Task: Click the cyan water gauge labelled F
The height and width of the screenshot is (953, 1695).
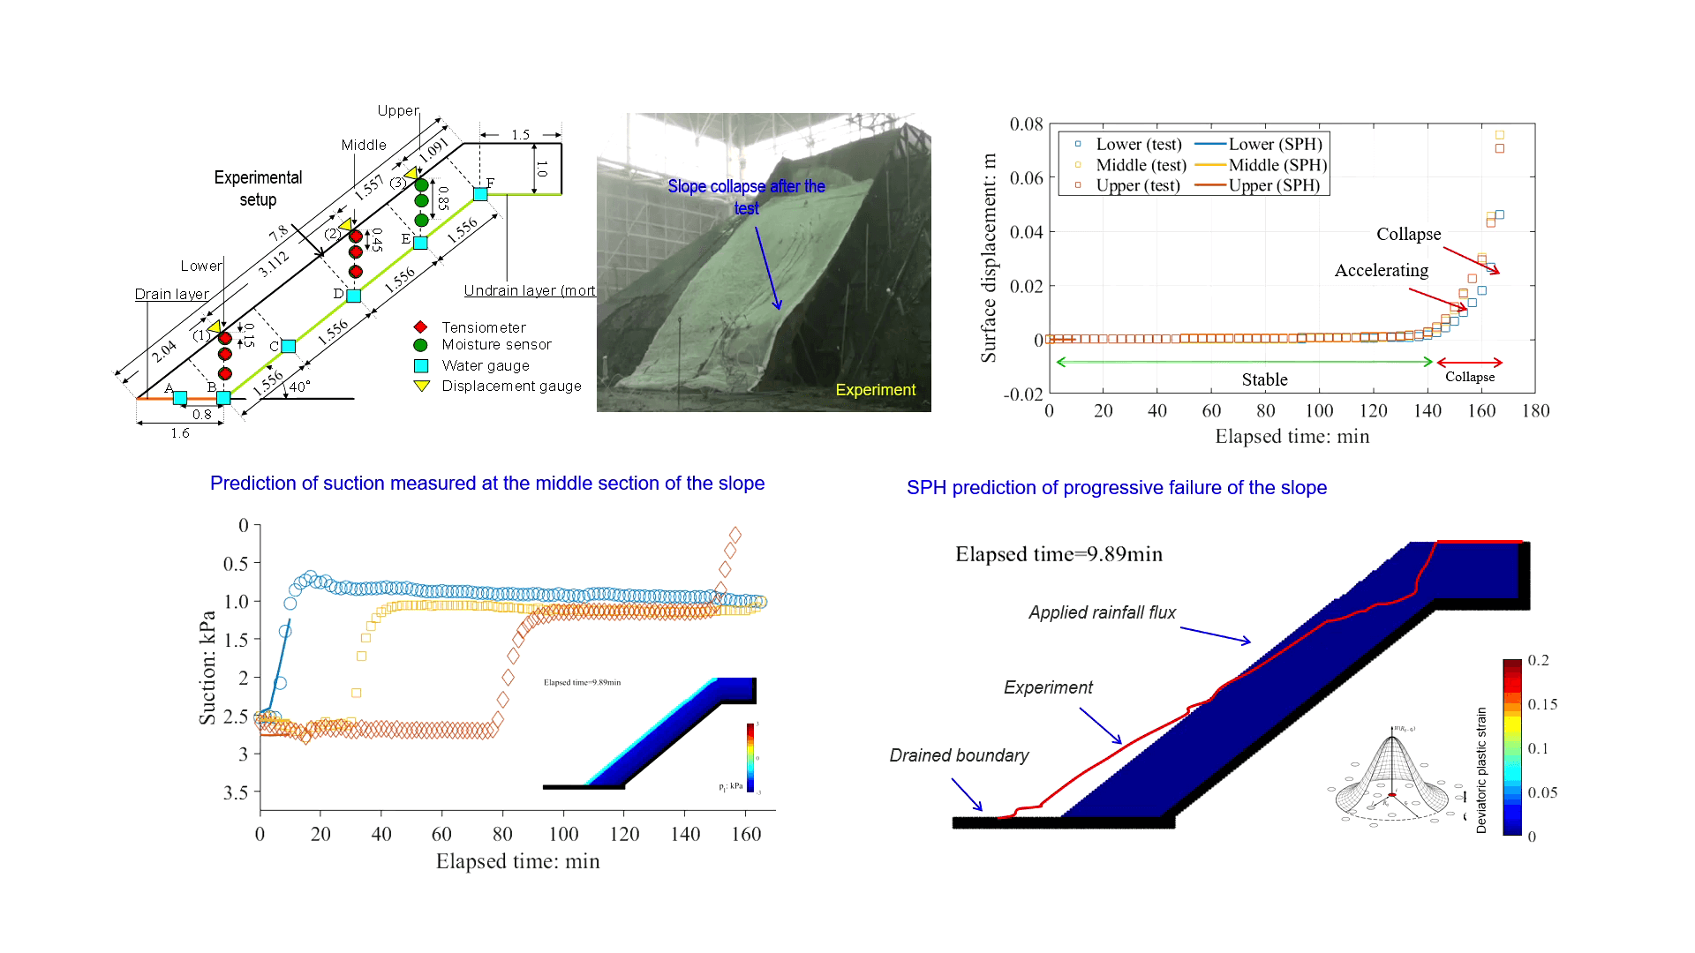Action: click(480, 193)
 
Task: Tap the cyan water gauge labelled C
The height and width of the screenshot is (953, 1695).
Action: click(288, 346)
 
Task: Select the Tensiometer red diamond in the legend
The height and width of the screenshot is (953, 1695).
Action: click(421, 327)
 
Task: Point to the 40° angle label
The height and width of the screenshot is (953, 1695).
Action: click(299, 386)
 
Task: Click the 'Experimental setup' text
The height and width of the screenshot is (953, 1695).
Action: click(258, 189)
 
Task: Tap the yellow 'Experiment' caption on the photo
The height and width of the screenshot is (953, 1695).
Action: click(875, 390)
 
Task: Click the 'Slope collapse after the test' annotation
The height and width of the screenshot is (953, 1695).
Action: click(746, 197)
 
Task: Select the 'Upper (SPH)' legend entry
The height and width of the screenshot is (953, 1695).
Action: click(1274, 185)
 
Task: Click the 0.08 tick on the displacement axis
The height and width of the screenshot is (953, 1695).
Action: click(1027, 124)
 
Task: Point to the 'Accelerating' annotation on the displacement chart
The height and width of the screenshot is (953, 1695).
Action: click(1381, 270)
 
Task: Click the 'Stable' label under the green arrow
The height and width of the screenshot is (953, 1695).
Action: click(1264, 379)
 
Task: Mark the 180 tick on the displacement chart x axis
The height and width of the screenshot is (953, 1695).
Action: click(1535, 410)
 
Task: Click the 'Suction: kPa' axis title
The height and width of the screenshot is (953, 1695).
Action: click(207, 668)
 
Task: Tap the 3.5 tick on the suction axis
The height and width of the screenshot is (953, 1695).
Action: click(236, 792)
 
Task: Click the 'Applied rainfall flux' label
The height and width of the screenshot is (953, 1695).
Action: click(1102, 612)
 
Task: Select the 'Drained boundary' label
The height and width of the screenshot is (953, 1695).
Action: click(959, 755)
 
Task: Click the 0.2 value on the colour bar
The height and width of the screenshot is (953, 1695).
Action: click(1538, 660)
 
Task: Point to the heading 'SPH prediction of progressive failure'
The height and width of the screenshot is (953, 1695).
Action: click(1116, 488)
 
